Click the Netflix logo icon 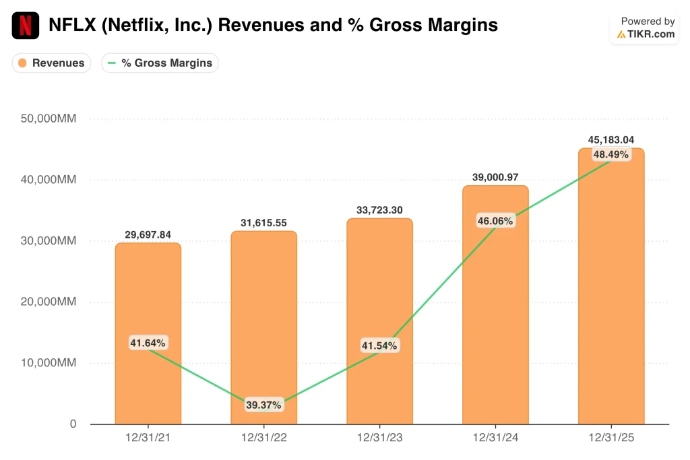coord(26,26)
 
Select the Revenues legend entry coord(51,63)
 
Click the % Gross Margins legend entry coord(160,63)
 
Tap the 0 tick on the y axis coord(73,424)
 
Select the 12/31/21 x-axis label coord(148,438)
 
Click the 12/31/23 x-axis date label coord(379,438)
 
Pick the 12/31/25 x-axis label coord(611,438)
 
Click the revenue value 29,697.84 coord(148,234)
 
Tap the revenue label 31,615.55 coord(263,223)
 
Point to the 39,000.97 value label coord(495,177)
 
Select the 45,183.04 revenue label coord(611,140)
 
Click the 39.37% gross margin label coord(263,405)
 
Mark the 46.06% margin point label coord(495,221)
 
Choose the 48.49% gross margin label coord(611,154)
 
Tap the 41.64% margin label coord(148,343)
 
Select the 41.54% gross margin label coord(379,346)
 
